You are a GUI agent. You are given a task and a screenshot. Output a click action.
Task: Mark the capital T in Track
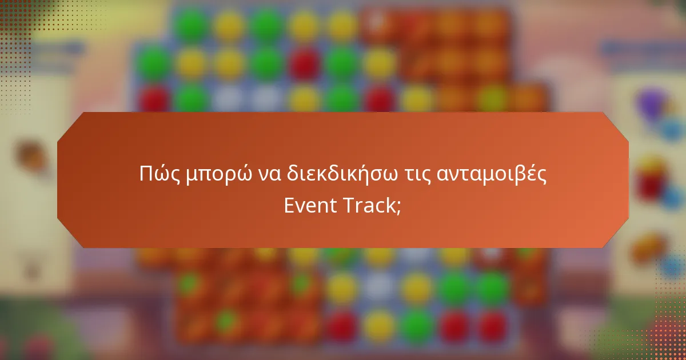[349, 206]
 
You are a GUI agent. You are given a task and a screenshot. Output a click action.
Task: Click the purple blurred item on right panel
[652, 103]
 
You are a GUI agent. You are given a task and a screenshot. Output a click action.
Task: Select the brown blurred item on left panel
[29, 154]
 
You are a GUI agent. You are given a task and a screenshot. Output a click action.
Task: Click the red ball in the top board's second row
[305, 61]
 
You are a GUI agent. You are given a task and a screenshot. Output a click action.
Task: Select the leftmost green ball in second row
[153, 61]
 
